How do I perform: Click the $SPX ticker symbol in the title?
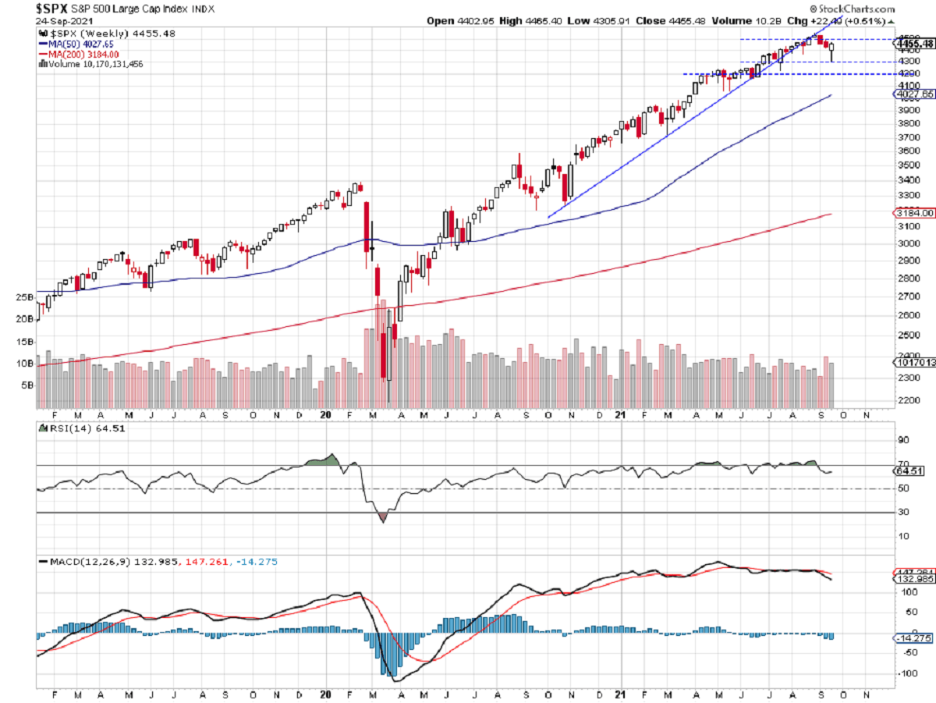tap(51, 9)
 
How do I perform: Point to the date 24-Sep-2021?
tap(60, 22)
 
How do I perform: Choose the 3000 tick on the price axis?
tap(907, 243)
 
